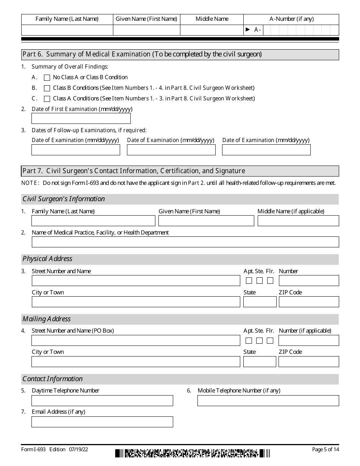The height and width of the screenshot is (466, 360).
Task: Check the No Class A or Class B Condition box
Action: pos(47,78)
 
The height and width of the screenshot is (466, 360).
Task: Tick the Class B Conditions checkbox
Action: pos(47,88)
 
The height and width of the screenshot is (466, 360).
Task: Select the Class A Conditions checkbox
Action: pos(47,99)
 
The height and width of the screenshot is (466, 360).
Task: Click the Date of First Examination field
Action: pos(81,119)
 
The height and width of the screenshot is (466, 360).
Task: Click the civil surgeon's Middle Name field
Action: pos(298,221)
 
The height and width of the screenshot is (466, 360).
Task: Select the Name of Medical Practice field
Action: pos(185,242)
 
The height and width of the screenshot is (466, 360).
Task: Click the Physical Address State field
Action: pos(260,302)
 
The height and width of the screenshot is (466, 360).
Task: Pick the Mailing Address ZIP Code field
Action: pos(308,362)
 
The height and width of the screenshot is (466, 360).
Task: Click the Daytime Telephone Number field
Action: pos(102,401)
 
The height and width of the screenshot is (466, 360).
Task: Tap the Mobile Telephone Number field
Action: pos(268,401)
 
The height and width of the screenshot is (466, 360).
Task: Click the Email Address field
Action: pos(102,422)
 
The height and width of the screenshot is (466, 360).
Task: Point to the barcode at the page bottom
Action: pos(193,453)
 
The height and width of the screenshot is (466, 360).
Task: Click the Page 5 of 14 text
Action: pos(325,450)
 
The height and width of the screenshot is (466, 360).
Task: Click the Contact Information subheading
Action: pos(53,379)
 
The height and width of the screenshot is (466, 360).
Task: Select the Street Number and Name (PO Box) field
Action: pos(136,341)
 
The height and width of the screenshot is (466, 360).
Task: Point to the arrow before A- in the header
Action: pos(248,30)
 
